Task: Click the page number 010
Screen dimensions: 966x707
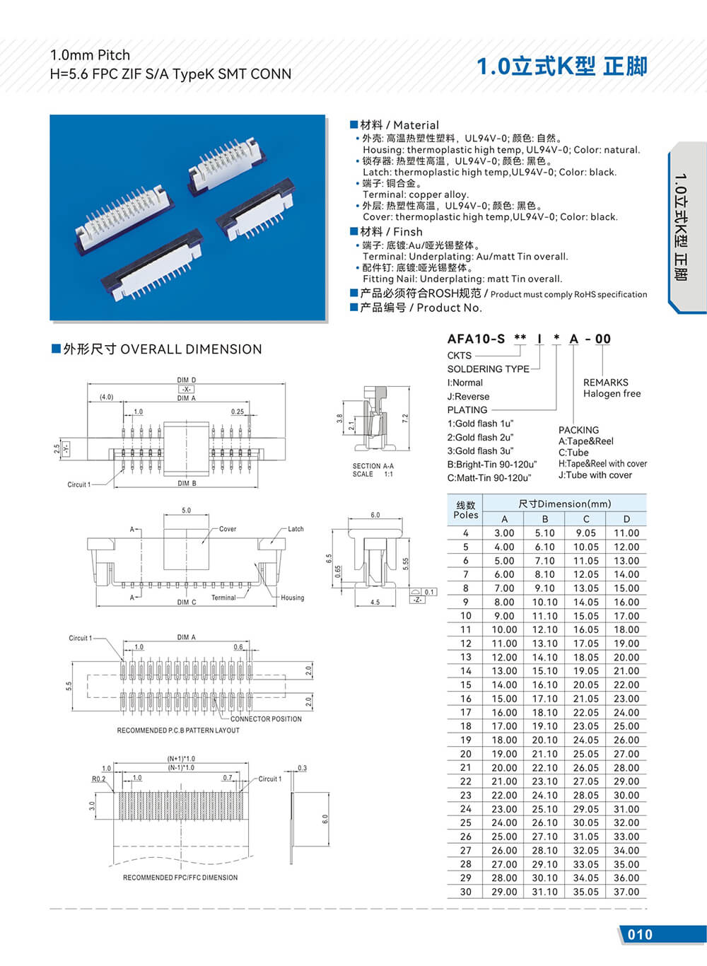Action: [x=640, y=934]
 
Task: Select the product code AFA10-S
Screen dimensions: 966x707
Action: [x=476, y=339]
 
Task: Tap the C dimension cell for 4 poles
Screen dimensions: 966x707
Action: [x=585, y=533]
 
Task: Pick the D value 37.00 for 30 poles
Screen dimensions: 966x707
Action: [x=626, y=892]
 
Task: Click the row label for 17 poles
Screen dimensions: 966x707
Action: [x=465, y=712]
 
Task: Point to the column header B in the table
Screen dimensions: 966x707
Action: [x=545, y=519]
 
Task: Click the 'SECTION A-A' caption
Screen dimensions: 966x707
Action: [x=373, y=466]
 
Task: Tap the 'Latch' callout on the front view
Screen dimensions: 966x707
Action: [x=296, y=529]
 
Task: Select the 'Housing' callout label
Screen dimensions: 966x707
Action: [x=292, y=598]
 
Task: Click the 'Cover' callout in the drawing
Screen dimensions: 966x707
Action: [x=228, y=529]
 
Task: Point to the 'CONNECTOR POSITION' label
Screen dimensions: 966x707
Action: [x=266, y=719]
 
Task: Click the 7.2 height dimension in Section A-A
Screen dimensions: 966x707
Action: [x=405, y=419]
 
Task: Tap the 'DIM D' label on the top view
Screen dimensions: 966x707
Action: [x=187, y=380]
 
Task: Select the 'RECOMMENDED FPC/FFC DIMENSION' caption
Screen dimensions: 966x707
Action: [x=180, y=878]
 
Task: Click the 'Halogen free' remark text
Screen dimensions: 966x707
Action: [x=612, y=394]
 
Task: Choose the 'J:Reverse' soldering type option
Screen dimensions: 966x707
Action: [x=468, y=397]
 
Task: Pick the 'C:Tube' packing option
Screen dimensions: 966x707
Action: [x=573, y=453]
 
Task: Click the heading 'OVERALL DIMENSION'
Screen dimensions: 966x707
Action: [x=191, y=349]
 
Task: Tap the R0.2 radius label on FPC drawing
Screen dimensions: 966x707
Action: [x=98, y=779]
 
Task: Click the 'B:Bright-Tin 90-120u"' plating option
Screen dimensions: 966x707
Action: [x=491, y=465]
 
